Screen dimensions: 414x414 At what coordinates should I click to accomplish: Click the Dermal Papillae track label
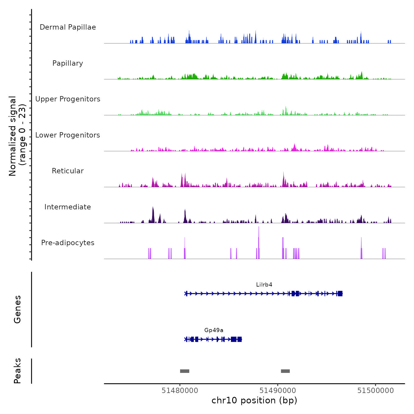pyautogui.click(x=68, y=27)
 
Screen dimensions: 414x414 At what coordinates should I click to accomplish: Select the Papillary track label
pyautogui.click(x=68, y=63)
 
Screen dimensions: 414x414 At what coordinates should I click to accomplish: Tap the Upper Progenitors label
pyautogui.click(x=68, y=99)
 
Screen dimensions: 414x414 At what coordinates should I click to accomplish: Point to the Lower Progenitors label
pyautogui.click(x=68, y=135)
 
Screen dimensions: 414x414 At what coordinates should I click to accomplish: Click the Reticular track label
pyautogui.click(x=68, y=171)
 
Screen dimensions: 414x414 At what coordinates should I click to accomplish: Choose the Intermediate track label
pyautogui.click(x=68, y=207)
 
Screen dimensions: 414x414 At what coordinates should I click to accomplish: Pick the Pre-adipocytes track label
pyautogui.click(x=68, y=243)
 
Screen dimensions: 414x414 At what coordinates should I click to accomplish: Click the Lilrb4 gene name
pyautogui.click(x=264, y=285)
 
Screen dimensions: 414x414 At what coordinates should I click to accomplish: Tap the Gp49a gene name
pyautogui.click(x=214, y=330)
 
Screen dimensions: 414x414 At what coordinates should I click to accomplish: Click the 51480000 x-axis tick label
pyautogui.click(x=180, y=391)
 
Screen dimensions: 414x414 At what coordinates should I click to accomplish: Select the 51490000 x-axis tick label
pyautogui.click(x=278, y=391)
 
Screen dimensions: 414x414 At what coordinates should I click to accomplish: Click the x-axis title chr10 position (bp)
pyautogui.click(x=254, y=400)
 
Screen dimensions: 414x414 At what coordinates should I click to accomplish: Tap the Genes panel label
pyautogui.click(x=17, y=309)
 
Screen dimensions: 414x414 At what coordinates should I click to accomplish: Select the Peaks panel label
pyautogui.click(x=17, y=371)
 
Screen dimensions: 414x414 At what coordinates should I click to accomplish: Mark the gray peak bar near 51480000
pyautogui.click(x=185, y=371)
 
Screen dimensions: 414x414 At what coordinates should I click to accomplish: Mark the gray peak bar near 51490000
pyautogui.click(x=285, y=371)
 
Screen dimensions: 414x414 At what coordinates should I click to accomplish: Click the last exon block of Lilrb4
pyautogui.click(x=340, y=293)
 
